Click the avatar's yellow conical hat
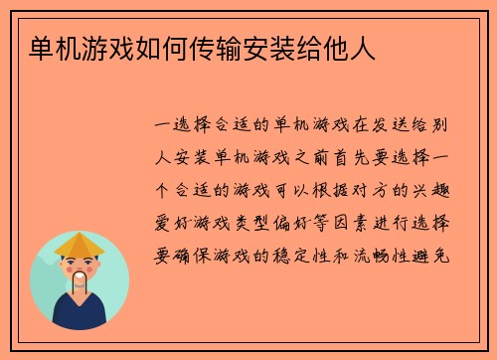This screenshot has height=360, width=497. point(79,243)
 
